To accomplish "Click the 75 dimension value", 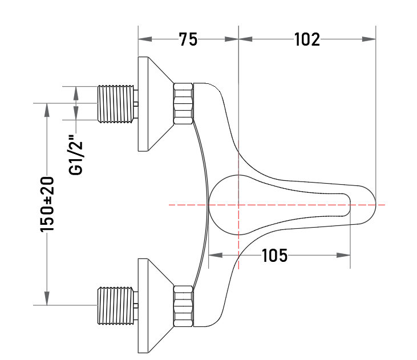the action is tap(188, 39).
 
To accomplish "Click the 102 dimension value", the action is tap(307, 39).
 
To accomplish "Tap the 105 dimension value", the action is tap(275, 256).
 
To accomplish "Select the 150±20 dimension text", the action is tap(47, 204).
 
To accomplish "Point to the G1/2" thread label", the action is tap(76, 155).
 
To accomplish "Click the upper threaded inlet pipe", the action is tap(118, 104).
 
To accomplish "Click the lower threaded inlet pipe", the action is tap(118, 306).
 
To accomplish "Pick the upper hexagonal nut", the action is tap(183, 103).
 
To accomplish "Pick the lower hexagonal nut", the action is tap(183, 306).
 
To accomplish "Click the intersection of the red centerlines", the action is tap(238, 205).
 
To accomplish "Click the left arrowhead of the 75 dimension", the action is tap(145, 39).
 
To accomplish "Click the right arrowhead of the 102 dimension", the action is tap(369, 39).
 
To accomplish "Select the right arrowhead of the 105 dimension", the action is tap(343, 256).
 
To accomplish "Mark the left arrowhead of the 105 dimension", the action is tap(216, 256).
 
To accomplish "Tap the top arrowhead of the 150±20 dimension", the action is tap(47, 110).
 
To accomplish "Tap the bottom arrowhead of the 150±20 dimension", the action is tap(47, 298).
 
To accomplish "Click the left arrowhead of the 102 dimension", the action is tap(245, 39).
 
